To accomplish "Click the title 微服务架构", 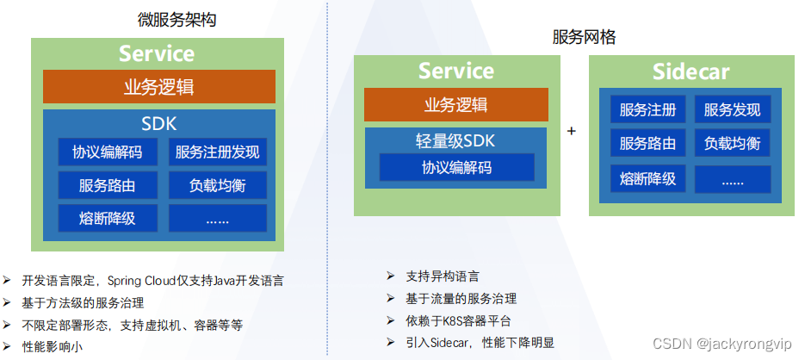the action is click(177, 20).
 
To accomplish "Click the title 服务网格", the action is click(585, 37).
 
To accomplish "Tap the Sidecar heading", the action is click(690, 71).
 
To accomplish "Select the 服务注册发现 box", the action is click(218, 152).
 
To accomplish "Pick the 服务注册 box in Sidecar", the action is click(648, 109).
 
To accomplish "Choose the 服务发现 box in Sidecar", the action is click(733, 109).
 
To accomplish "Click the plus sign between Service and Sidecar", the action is click(572, 131).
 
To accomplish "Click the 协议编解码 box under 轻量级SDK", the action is click(457, 167).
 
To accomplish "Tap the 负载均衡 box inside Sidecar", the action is click(733, 143).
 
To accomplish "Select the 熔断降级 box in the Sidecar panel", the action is click(648, 179).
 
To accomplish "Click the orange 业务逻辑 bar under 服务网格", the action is click(456, 104).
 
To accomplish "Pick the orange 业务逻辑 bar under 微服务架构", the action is click(159, 86).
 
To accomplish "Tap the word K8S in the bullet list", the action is click(454, 321).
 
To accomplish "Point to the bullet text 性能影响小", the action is click(52, 346).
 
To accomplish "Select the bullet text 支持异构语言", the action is click(442, 276).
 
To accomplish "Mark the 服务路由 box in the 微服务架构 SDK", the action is click(108, 185).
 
